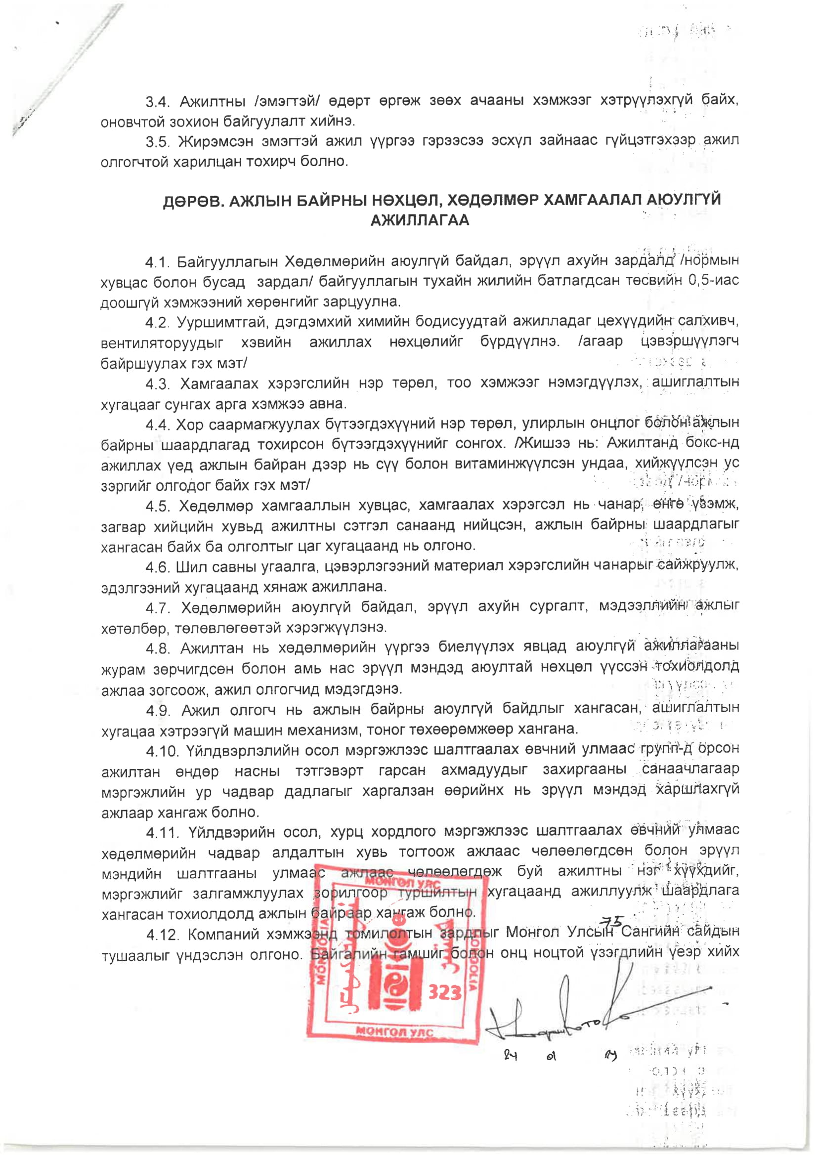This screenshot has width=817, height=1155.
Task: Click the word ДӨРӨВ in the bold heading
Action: coord(192,201)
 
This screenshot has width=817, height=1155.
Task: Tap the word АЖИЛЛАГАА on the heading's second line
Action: coord(420,221)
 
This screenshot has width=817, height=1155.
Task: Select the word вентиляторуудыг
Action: coord(162,343)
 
